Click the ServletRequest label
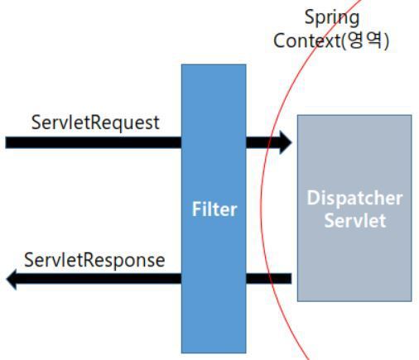pyautogui.click(x=95, y=122)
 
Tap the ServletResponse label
pyautogui.click(x=94, y=260)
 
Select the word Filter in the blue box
pyautogui.click(x=214, y=209)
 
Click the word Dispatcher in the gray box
pyautogui.click(x=354, y=199)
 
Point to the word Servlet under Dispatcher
pyautogui.click(x=355, y=220)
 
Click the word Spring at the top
pyautogui.click(x=332, y=18)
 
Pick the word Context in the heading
pyautogui.click(x=307, y=41)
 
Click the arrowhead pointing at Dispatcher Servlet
pyautogui.click(x=286, y=142)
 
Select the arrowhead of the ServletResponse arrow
pyautogui.click(x=11, y=279)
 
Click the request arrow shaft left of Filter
pyautogui.click(x=94, y=142)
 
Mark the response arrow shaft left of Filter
pyautogui.click(x=99, y=279)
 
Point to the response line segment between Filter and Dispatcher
pyautogui.click(x=268, y=279)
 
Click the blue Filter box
pyautogui.click(x=214, y=209)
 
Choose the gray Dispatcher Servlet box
pyautogui.click(x=354, y=209)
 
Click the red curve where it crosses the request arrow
pyautogui.click(x=272, y=142)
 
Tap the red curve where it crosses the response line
pyautogui.click(x=270, y=279)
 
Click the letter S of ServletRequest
pyautogui.click(x=36, y=122)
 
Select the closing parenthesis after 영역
pyautogui.click(x=386, y=41)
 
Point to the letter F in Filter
pyautogui.click(x=196, y=209)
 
